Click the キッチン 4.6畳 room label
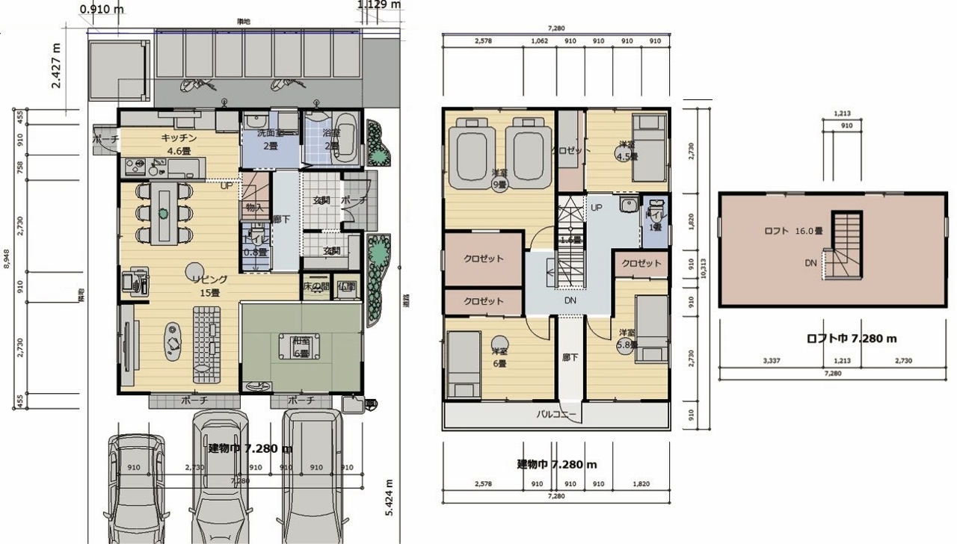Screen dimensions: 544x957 coord(179,143)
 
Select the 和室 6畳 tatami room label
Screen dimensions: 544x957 coord(301,347)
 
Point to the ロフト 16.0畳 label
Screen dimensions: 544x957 coord(792,231)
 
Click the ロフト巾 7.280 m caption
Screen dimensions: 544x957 coord(852,339)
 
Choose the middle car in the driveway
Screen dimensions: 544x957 coord(218,478)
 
